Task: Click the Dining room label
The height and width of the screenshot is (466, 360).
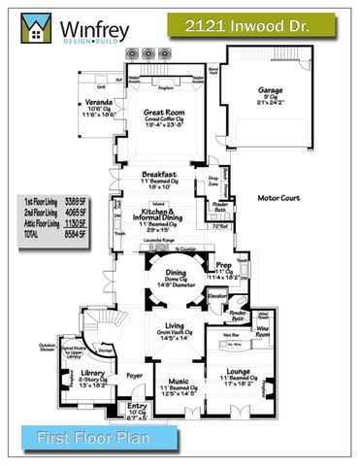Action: [x=176, y=273]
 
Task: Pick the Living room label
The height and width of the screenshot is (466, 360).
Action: [x=175, y=325]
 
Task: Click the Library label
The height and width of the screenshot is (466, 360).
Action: [x=94, y=374]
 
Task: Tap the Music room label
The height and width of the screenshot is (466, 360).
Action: [x=178, y=381]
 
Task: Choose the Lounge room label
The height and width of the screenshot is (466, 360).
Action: [x=236, y=371]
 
